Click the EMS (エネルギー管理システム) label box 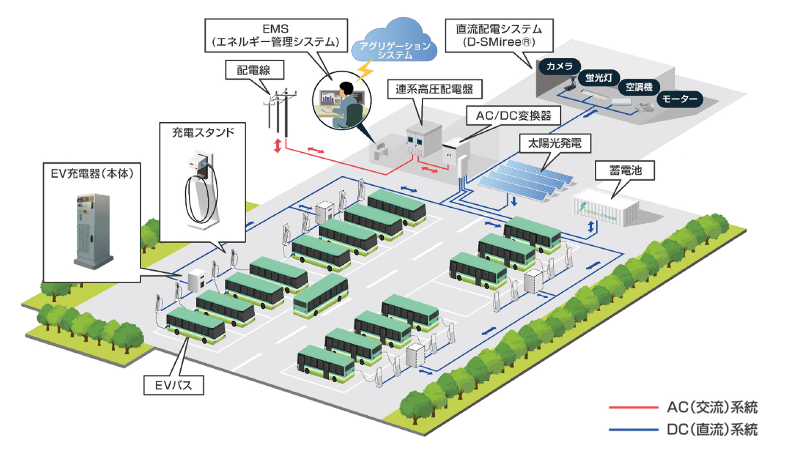(x=276, y=36)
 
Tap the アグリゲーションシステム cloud (x=394, y=42)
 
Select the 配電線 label (x=254, y=70)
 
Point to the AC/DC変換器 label (x=513, y=115)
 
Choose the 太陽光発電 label (x=554, y=143)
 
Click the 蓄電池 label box (x=625, y=170)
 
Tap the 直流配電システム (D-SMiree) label (x=499, y=36)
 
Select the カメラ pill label (x=559, y=66)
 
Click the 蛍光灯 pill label (x=598, y=78)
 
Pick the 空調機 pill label (x=639, y=87)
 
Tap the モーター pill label (x=679, y=99)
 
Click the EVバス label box (x=174, y=385)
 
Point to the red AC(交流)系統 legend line (x=633, y=408)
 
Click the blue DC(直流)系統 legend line (x=633, y=430)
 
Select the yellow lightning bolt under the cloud (x=364, y=70)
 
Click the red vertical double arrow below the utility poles (x=278, y=145)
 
